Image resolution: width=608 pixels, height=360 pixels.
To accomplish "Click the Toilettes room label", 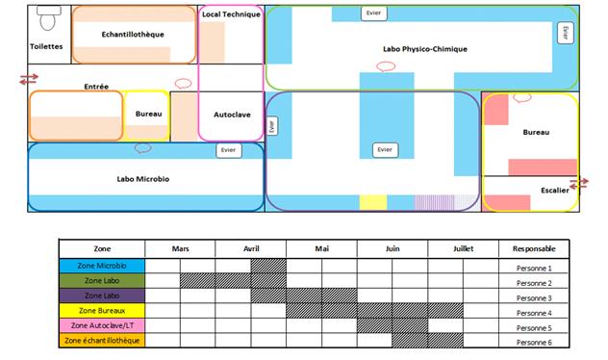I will pyautogui.click(x=46, y=45).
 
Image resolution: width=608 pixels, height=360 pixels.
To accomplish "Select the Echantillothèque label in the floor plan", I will pyautogui.click(x=133, y=34).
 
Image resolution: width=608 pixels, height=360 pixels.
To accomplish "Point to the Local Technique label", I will pyautogui.click(x=231, y=14).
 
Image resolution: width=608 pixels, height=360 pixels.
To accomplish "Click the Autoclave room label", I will pyautogui.click(x=231, y=114).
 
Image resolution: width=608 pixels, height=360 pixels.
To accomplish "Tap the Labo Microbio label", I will pyautogui.click(x=143, y=178).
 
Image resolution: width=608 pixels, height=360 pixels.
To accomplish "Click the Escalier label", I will pyautogui.click(x=554, y=190).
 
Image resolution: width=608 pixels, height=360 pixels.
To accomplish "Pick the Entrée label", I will pyautogui.click(x=96, y=87).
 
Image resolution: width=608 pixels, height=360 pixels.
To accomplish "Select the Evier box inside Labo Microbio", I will pyautogui.click(x=228, y=150).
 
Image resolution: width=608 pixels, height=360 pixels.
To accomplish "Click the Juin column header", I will pyautogui.click(x=393, y=248).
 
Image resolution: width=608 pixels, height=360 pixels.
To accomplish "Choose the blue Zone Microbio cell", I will pyautogui.click(x=101, y=266).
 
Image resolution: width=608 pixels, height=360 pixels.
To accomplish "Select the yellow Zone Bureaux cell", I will pyautogui.click(x=101, y=312).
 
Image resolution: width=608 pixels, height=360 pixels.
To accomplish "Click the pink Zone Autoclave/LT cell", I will pyautogui.click(x=101, y=326).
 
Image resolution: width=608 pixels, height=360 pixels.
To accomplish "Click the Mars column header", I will pyautogui.click(x=180, y=248).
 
